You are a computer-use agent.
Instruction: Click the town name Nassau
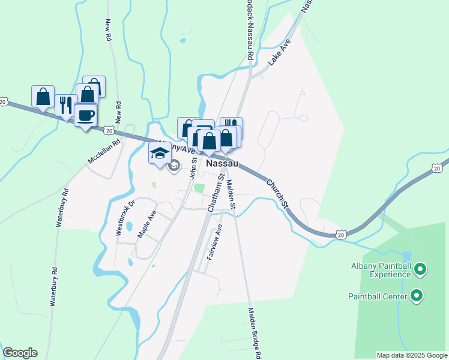[x=222, y=163]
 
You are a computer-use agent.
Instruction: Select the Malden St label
[x=231, y=197]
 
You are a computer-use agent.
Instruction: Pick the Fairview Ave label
[x=215, y=242]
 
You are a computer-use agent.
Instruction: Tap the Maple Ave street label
[x=147, y=224]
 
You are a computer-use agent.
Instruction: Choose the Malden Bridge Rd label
[x=255, y=333]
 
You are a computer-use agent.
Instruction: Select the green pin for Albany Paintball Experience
[x=420, y=270]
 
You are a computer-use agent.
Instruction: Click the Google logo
[x=20, y=353]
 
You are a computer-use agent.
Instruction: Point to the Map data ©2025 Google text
[x=412, y=355]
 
